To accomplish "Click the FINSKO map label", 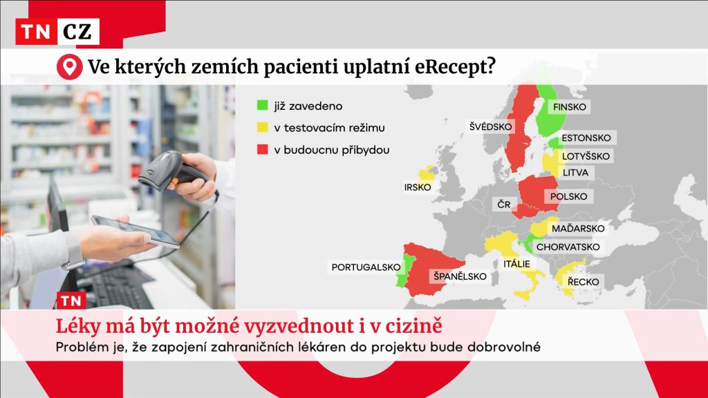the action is tap(570, 107).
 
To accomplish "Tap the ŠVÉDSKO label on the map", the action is tap(490, 126).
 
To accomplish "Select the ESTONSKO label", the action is tap(586, 138).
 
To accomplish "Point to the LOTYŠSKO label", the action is tap(586, 156).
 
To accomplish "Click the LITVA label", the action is tap(575, 172).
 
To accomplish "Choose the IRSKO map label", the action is tap(418, 187).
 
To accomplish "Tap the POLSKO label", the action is tap(568, 196).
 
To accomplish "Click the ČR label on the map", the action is tap(504, 205).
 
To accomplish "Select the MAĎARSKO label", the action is tap(578, 228).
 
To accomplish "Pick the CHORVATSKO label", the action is tap(568, 247).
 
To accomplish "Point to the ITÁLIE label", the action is tap(516, 263).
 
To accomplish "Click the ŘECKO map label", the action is tap(584, 282).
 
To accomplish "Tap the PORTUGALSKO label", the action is tap(366, 267).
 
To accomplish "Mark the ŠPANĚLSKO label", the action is tap(460, 276).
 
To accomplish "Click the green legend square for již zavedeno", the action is tap(262, 106).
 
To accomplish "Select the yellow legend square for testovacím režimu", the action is tap(262, 127).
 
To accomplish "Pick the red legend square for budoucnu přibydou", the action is tap(262, 149).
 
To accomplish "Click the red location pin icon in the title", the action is tap(69, 67).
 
